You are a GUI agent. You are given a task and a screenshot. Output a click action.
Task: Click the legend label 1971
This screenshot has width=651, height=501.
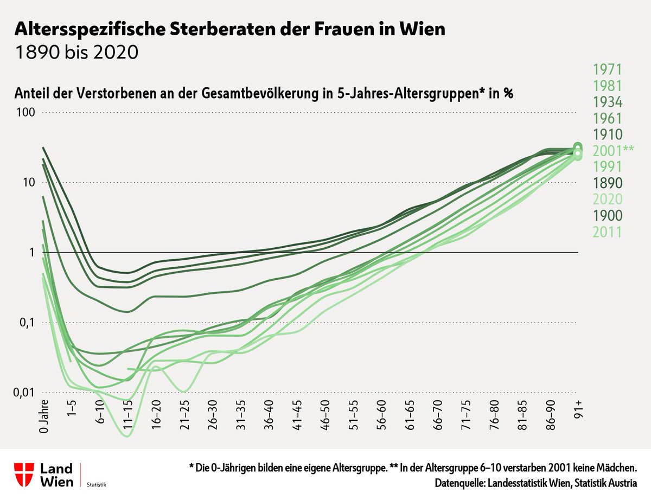coord(607,69)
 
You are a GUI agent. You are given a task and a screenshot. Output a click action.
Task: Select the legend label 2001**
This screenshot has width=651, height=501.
coord(613,151)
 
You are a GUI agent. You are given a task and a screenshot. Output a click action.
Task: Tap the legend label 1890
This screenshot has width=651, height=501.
coord(607,183)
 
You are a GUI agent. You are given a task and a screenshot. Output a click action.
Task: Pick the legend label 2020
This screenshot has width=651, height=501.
coord(607,200)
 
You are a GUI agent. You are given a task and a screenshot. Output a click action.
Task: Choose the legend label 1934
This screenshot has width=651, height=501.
coord(607,102)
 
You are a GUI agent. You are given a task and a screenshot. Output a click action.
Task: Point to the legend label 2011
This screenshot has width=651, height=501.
coord(607,232)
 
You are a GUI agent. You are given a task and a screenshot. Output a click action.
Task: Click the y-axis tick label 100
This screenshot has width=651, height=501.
coord(25,113)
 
